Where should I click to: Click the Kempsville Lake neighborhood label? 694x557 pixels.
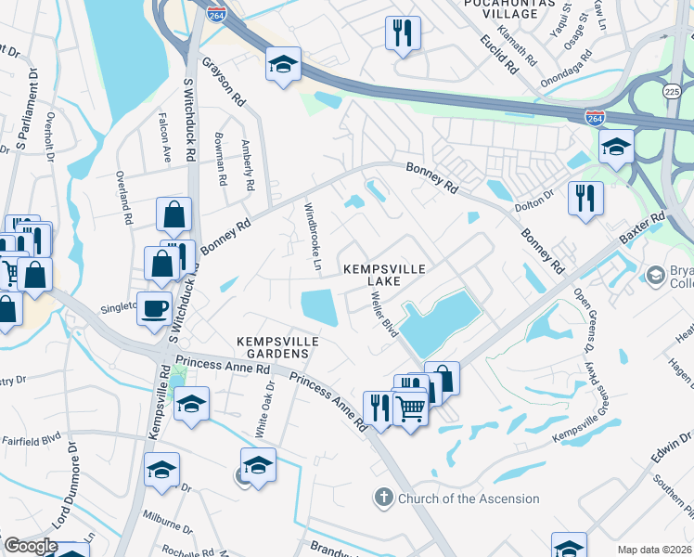[384, 275]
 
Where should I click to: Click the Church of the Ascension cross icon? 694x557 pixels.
[383, 499]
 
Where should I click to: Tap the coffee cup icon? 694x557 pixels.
[155, 307]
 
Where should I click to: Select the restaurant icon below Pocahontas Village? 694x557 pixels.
[403, 33]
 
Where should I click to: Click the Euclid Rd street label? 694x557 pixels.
[498, 53]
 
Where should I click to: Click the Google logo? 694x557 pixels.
[30, 546]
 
